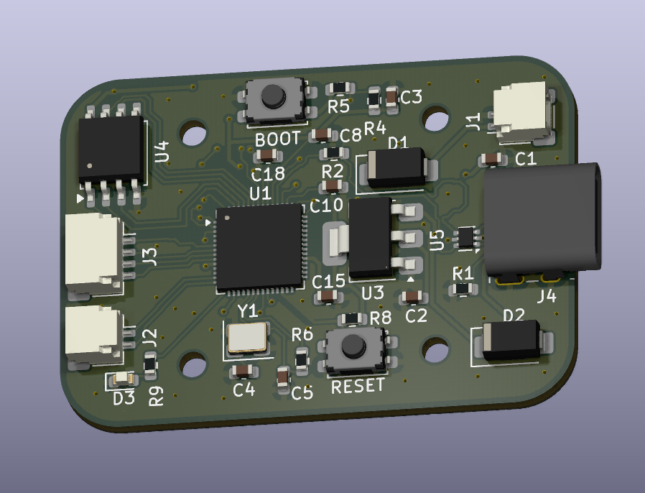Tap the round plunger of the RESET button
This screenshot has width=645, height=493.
(x=353, y=345)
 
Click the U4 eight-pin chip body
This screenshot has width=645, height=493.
(x=112, y=149)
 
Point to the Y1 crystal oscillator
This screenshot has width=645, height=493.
(x=248, y=338)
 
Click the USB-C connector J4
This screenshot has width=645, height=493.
(x=543, y=221)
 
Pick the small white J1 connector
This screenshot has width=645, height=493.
(x=522, y=112)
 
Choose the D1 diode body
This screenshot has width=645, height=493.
(x=396, y=168)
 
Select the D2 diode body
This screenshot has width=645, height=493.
(x=511, y=341)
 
